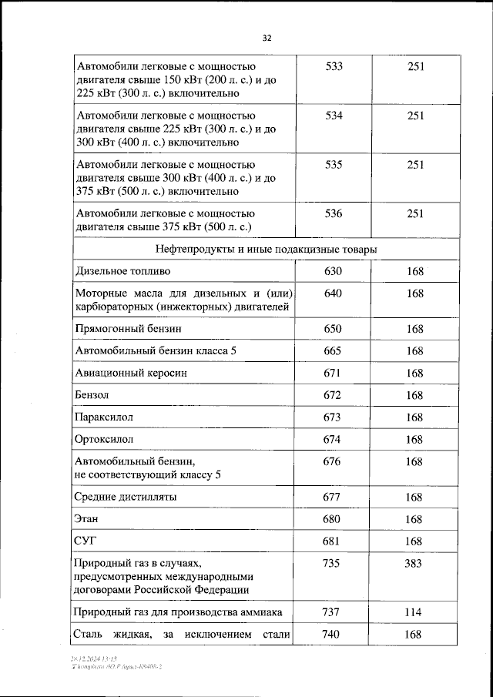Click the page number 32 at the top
[267, 38]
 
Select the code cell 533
[334, 67]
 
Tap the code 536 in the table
[334, 213]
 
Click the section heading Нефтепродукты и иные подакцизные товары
[266, 250]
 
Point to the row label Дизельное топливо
[123, 272]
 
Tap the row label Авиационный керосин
[131, 373]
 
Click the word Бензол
[92, 395]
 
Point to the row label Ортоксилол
[104, 439]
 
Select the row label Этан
[86, 520]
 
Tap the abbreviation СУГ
[86, 542]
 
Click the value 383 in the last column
[414, 564]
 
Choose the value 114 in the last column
[414, 612]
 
